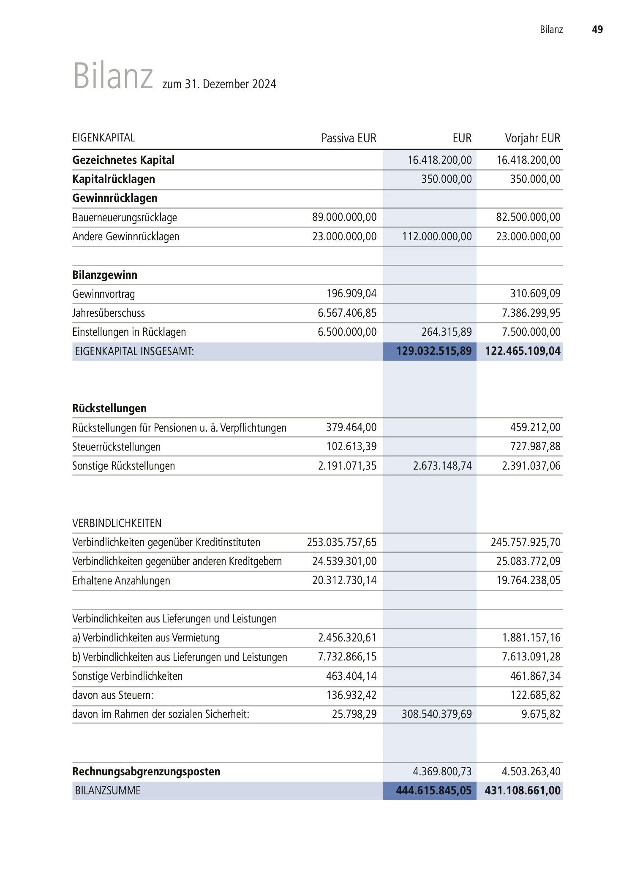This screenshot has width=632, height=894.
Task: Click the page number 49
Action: [x=597, y=30]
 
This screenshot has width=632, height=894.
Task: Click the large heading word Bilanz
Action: [x=113, y=76]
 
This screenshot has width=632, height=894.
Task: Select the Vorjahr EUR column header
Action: [x=532, y=138]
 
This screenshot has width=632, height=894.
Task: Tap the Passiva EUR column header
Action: [x=349, y=138]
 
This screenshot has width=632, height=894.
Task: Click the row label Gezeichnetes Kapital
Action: [x=123, y=160]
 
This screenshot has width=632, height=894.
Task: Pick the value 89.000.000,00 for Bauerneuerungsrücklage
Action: [x=344, y=217]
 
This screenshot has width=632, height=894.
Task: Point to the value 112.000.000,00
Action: [x=437, y=236]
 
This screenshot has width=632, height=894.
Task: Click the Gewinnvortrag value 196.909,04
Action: [x=351, y=293]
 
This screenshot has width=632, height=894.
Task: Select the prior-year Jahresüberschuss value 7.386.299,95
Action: [x=531, y=313]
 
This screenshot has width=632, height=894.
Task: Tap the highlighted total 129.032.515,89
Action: [x=434, y=351]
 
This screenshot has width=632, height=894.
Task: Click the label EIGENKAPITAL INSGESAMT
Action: [x=134, y=351]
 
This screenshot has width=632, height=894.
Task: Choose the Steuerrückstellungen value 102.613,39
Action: [x=351, y=446]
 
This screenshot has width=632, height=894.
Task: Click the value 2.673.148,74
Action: [x=442, y=466]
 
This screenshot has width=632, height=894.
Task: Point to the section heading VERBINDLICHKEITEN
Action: [x=117, y=523]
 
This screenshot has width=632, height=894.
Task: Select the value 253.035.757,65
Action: [x=341, y=542]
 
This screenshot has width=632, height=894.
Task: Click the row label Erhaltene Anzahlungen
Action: [x=121, y=581]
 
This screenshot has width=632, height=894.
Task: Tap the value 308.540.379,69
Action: [x=436, y=714]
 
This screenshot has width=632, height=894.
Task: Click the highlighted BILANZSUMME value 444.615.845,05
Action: [x=433, y=791]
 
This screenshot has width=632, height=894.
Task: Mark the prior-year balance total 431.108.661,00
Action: [x=523, y=791]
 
